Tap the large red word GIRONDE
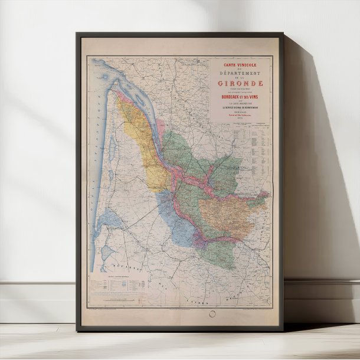242,83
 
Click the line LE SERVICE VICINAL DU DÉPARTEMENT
242,109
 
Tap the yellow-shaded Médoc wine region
139,142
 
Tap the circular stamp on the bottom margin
212,315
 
